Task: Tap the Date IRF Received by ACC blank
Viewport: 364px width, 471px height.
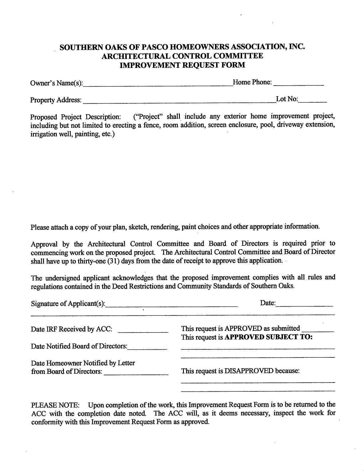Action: (x=143, y=331)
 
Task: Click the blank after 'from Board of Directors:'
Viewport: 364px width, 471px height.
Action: (x=136, y=373)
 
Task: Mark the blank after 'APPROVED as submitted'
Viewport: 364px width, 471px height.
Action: (x=317, y=330)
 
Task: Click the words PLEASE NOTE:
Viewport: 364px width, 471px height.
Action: (x=56, y=405)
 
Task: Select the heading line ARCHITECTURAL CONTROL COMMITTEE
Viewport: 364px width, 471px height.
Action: (x=182, y=56)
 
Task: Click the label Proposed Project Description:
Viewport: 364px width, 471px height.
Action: (x=76, y=117)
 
